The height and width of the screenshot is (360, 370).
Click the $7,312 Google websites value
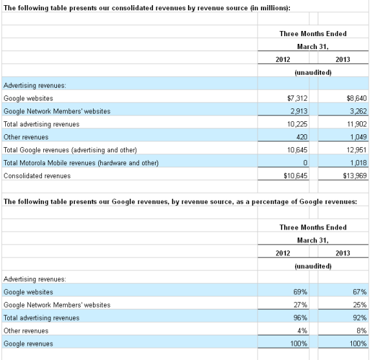(297, 98)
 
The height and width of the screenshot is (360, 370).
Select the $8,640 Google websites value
(356, 98)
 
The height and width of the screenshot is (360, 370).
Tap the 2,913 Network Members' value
(299, 111)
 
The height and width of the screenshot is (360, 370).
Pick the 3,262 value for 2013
(358, 111)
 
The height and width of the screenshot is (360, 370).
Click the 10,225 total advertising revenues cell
(297, 124)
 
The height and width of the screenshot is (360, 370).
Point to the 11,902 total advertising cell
(357, 124)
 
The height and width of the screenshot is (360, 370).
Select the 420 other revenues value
(302, 137)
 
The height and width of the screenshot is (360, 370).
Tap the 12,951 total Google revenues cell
(356, 150)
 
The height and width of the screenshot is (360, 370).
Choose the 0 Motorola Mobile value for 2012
(305, 163)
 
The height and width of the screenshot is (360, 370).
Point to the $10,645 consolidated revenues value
(296, 175)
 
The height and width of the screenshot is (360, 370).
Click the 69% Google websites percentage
(300, 292)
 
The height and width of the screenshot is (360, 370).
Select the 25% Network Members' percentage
(360, 305)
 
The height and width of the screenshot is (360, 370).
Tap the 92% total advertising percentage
(360, 318)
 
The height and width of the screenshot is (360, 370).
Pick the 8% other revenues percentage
(362, 331)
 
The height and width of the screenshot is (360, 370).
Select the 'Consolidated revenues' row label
(37, 176)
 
